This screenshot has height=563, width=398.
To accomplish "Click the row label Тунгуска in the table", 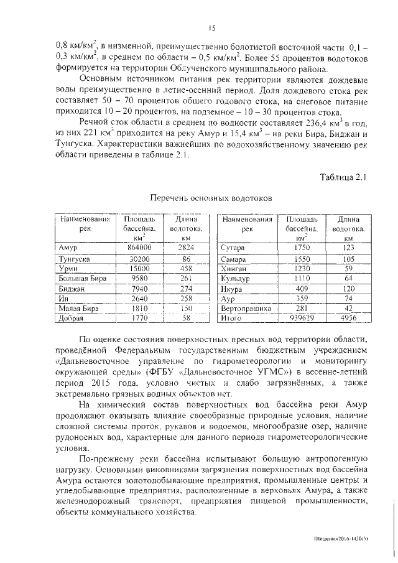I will click(74, 259).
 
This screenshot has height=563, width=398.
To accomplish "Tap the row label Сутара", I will click(233, 248).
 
